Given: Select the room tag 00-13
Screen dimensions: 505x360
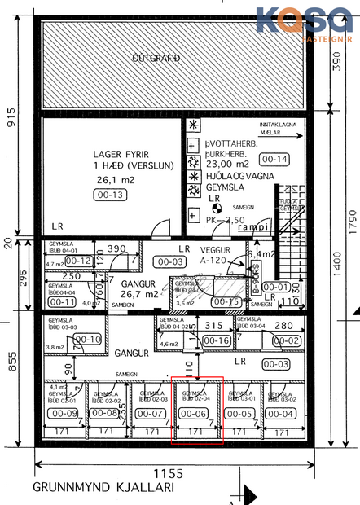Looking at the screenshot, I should (x=110, y=195).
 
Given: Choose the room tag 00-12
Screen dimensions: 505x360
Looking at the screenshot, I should (x=80, y=261).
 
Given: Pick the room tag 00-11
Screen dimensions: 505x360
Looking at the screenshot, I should (x=59, y=301).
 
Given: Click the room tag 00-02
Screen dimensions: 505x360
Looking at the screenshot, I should (x=289, y=340).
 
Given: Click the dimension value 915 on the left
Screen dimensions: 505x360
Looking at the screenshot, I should (x=10, y=121).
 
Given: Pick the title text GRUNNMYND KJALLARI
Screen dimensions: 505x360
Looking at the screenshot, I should (x=103, y=489).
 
